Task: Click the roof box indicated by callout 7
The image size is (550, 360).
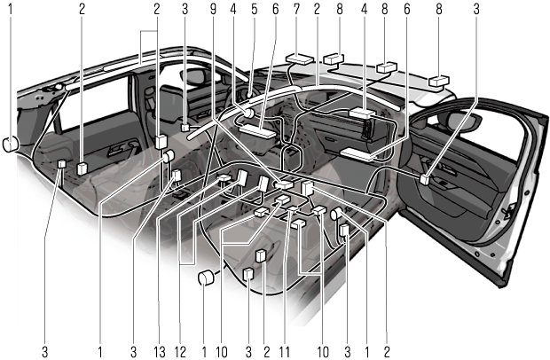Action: [299, 61]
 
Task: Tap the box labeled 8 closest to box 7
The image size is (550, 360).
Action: [336, 59]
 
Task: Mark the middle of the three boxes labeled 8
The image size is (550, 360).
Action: [388, 68]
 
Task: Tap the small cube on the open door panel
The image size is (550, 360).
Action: [426, 178]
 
